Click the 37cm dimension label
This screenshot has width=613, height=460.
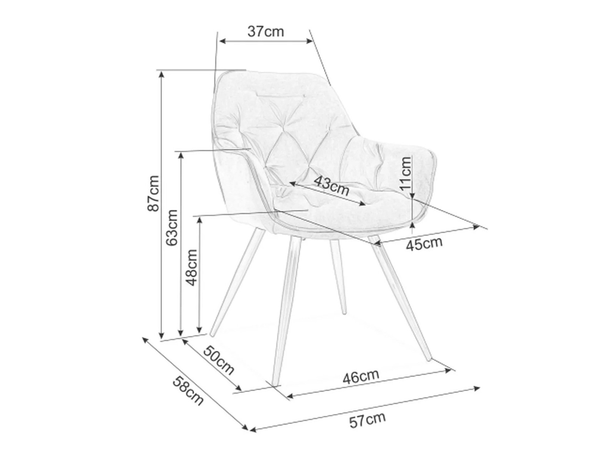pyautogui.click(x=265, y=32)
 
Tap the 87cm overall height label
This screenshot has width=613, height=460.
pyautogui.click(x=153, y=193)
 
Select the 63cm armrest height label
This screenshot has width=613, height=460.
pyautogui.click(x=172, y=227)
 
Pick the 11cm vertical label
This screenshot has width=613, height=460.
pyautogui.click(x=405, y=173)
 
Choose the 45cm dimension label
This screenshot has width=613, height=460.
pyautogui.click(x=424, y=244)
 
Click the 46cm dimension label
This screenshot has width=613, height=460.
pyautogui.click(x=360, y=376)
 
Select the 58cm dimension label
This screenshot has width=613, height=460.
pyautogui.click(x=188, y=391)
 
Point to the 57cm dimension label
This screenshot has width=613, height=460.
pyautogui.click(x=367, y=420)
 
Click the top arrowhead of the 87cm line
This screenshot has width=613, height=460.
pyautogui.click(x=161, y=73)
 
